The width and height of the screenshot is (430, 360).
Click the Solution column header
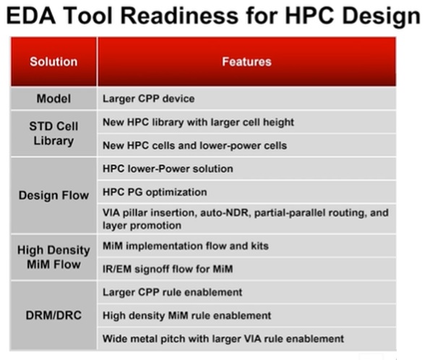tap(53, 61)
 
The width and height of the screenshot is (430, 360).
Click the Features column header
tap(246, 61)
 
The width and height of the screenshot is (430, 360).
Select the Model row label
tap(53, 98)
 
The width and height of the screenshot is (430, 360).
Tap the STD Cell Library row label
tap(53, 134)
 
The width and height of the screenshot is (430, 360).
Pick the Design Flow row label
tap(53, 195)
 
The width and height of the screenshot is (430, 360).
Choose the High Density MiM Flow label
tap(53, 257)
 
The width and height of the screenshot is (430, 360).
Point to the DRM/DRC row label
tap(53, 315)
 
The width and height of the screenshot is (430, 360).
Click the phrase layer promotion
tap(142, 226)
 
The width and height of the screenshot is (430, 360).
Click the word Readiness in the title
tap(179, 15)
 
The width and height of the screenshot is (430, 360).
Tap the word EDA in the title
tap(31, 15)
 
